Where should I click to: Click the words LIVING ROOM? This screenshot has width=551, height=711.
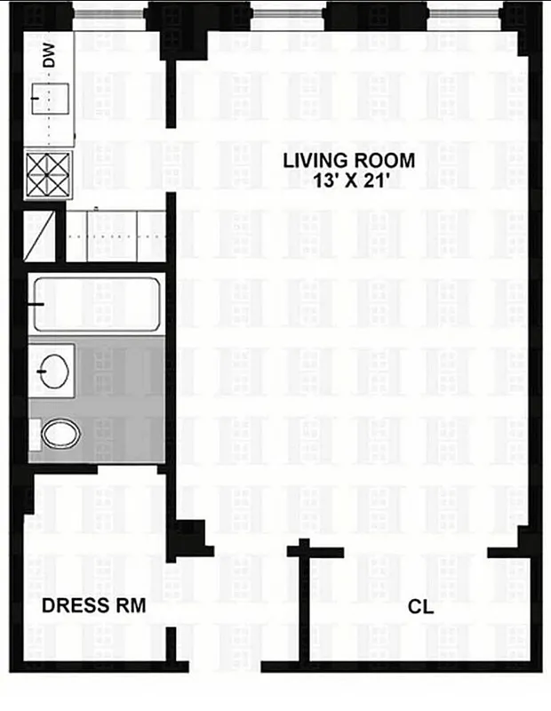pyautogui.click(x=349, y=161)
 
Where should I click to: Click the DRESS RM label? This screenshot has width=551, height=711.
pyautogui.click(x=94, y=606)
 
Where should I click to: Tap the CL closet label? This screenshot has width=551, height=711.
pyautogui.click(x=420, y=606)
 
